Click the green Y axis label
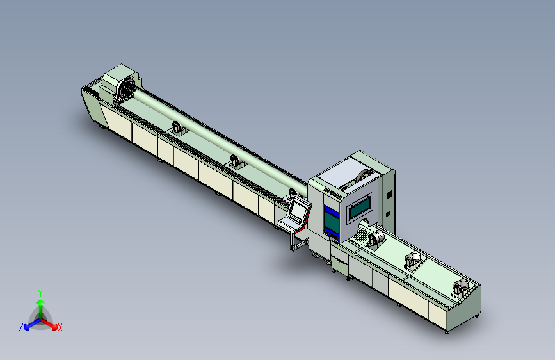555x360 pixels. click(40, 293)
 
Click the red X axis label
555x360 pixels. click(60, 327)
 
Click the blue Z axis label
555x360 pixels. click(21, 327)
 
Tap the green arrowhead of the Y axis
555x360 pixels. click(41, 302)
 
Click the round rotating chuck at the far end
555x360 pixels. click(126, 88)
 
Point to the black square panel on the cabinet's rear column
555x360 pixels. click(389, 195)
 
